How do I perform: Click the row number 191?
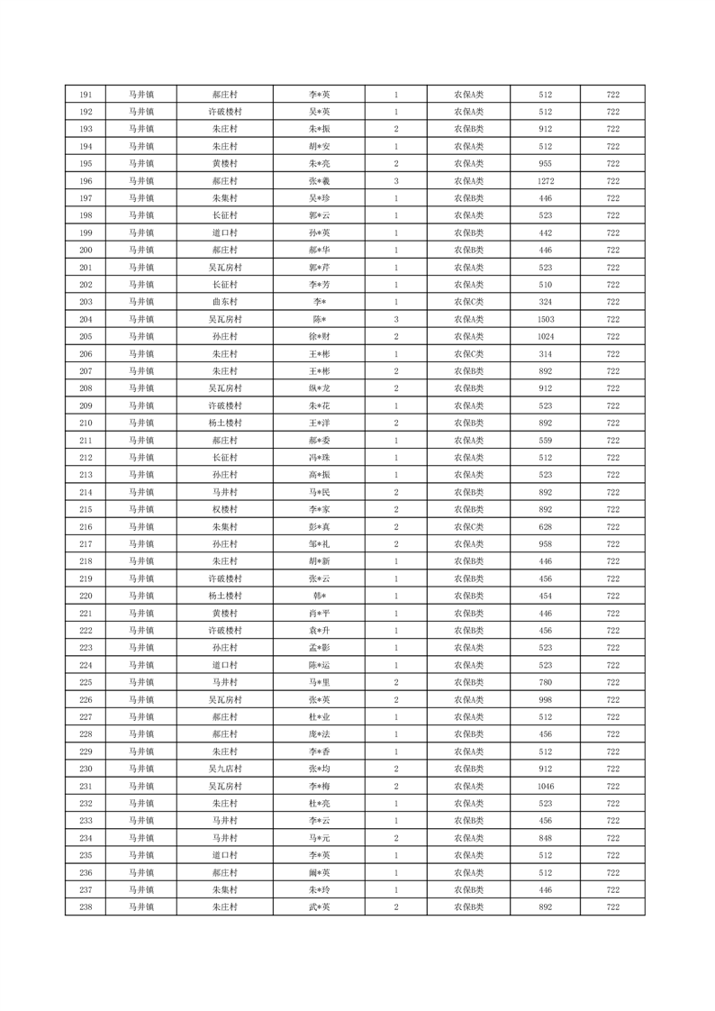click(86, 95)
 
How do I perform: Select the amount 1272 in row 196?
click(545, 181)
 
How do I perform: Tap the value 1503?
click(545, 320)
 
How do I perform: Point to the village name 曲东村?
click(224, 302)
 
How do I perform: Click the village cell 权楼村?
click(224, 510)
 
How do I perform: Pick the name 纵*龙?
click(320, 388)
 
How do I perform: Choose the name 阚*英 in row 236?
click(320, 873)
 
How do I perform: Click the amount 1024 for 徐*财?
click(545, 337)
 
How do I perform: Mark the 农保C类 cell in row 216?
click(468, 527)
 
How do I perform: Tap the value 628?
click(545, 527)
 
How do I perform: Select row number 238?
click(86, 907)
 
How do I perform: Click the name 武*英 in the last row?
click(320, 907)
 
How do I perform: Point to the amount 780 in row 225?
click(545, 683)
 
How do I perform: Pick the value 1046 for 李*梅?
click(545, 787)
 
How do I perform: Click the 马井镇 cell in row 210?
click(140, 424)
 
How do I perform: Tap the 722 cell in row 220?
click(612, 597)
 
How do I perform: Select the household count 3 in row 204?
click(396, 320)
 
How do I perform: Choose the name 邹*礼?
click(320, 544)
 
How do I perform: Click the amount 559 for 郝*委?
click(545, 441)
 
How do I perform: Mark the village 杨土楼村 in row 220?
click(224, 597)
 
